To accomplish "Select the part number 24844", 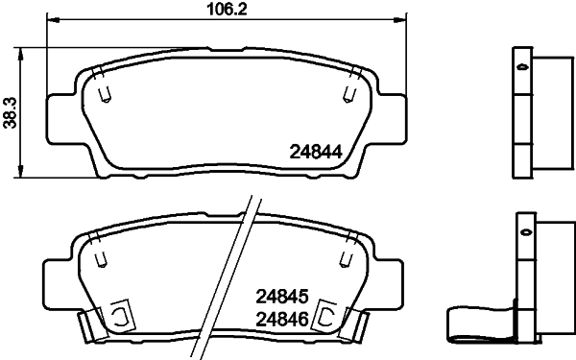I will coord(316,151).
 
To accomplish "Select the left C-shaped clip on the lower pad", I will coord(120,316).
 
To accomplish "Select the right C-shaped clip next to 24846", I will coord(326,316).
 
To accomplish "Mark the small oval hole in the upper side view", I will coord(522,69).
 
